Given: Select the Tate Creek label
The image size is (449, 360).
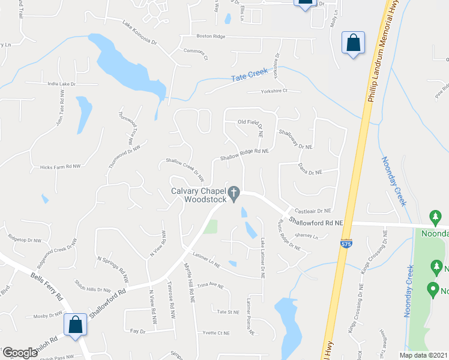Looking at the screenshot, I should click(x=249, y=78).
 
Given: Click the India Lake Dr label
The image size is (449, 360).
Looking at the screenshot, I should click(x=62, y=84).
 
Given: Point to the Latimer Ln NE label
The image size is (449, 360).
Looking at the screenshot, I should click(x=206, y=259).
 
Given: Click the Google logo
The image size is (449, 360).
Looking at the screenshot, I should click(x=20, y=353).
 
